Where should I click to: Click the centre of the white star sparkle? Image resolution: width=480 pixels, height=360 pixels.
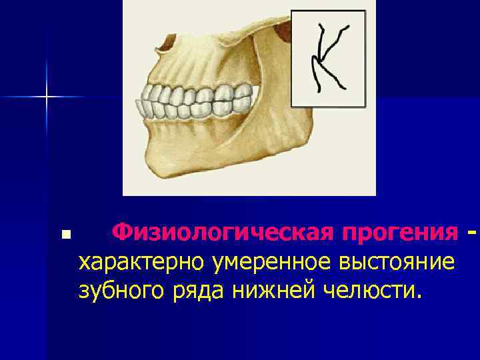tap(47, 97)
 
